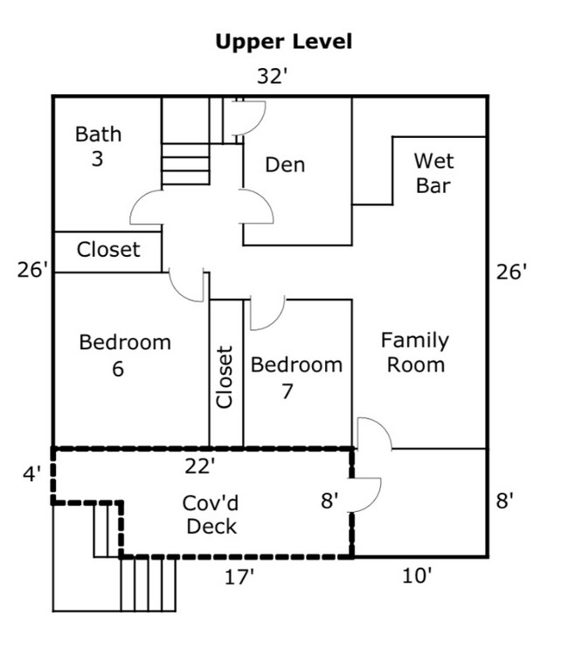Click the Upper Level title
[x=283, y=42]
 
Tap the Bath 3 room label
[x=98, y=147]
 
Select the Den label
[x=285, y=164]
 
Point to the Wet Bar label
[x=434, y=173]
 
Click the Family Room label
[x=415, y=352]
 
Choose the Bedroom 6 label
[x=124, y=355]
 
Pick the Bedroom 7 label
[x=296, y=377]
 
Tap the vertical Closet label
[x=225, y=376]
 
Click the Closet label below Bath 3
[x=108, y=250]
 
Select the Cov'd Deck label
[x=210, y=514]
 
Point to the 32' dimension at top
[x=272, y=77]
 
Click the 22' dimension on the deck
[x=200, y=466]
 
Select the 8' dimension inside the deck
[x=329, y=501]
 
